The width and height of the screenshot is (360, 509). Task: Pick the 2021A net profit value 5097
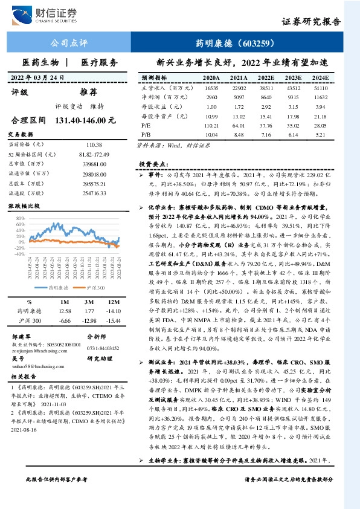(x=239, y=97)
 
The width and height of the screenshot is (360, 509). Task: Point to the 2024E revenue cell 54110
(x=320, y=88)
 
